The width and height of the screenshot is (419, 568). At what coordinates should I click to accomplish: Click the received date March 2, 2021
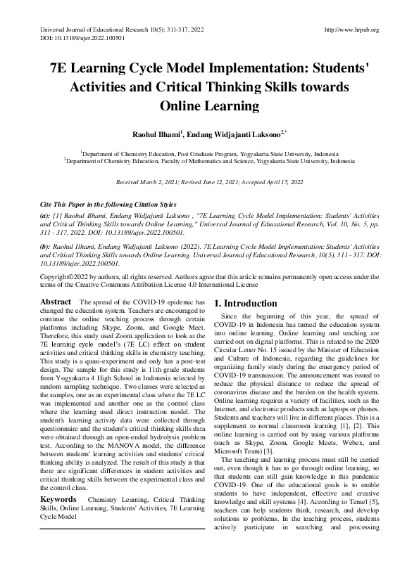(x=167, y=182)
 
